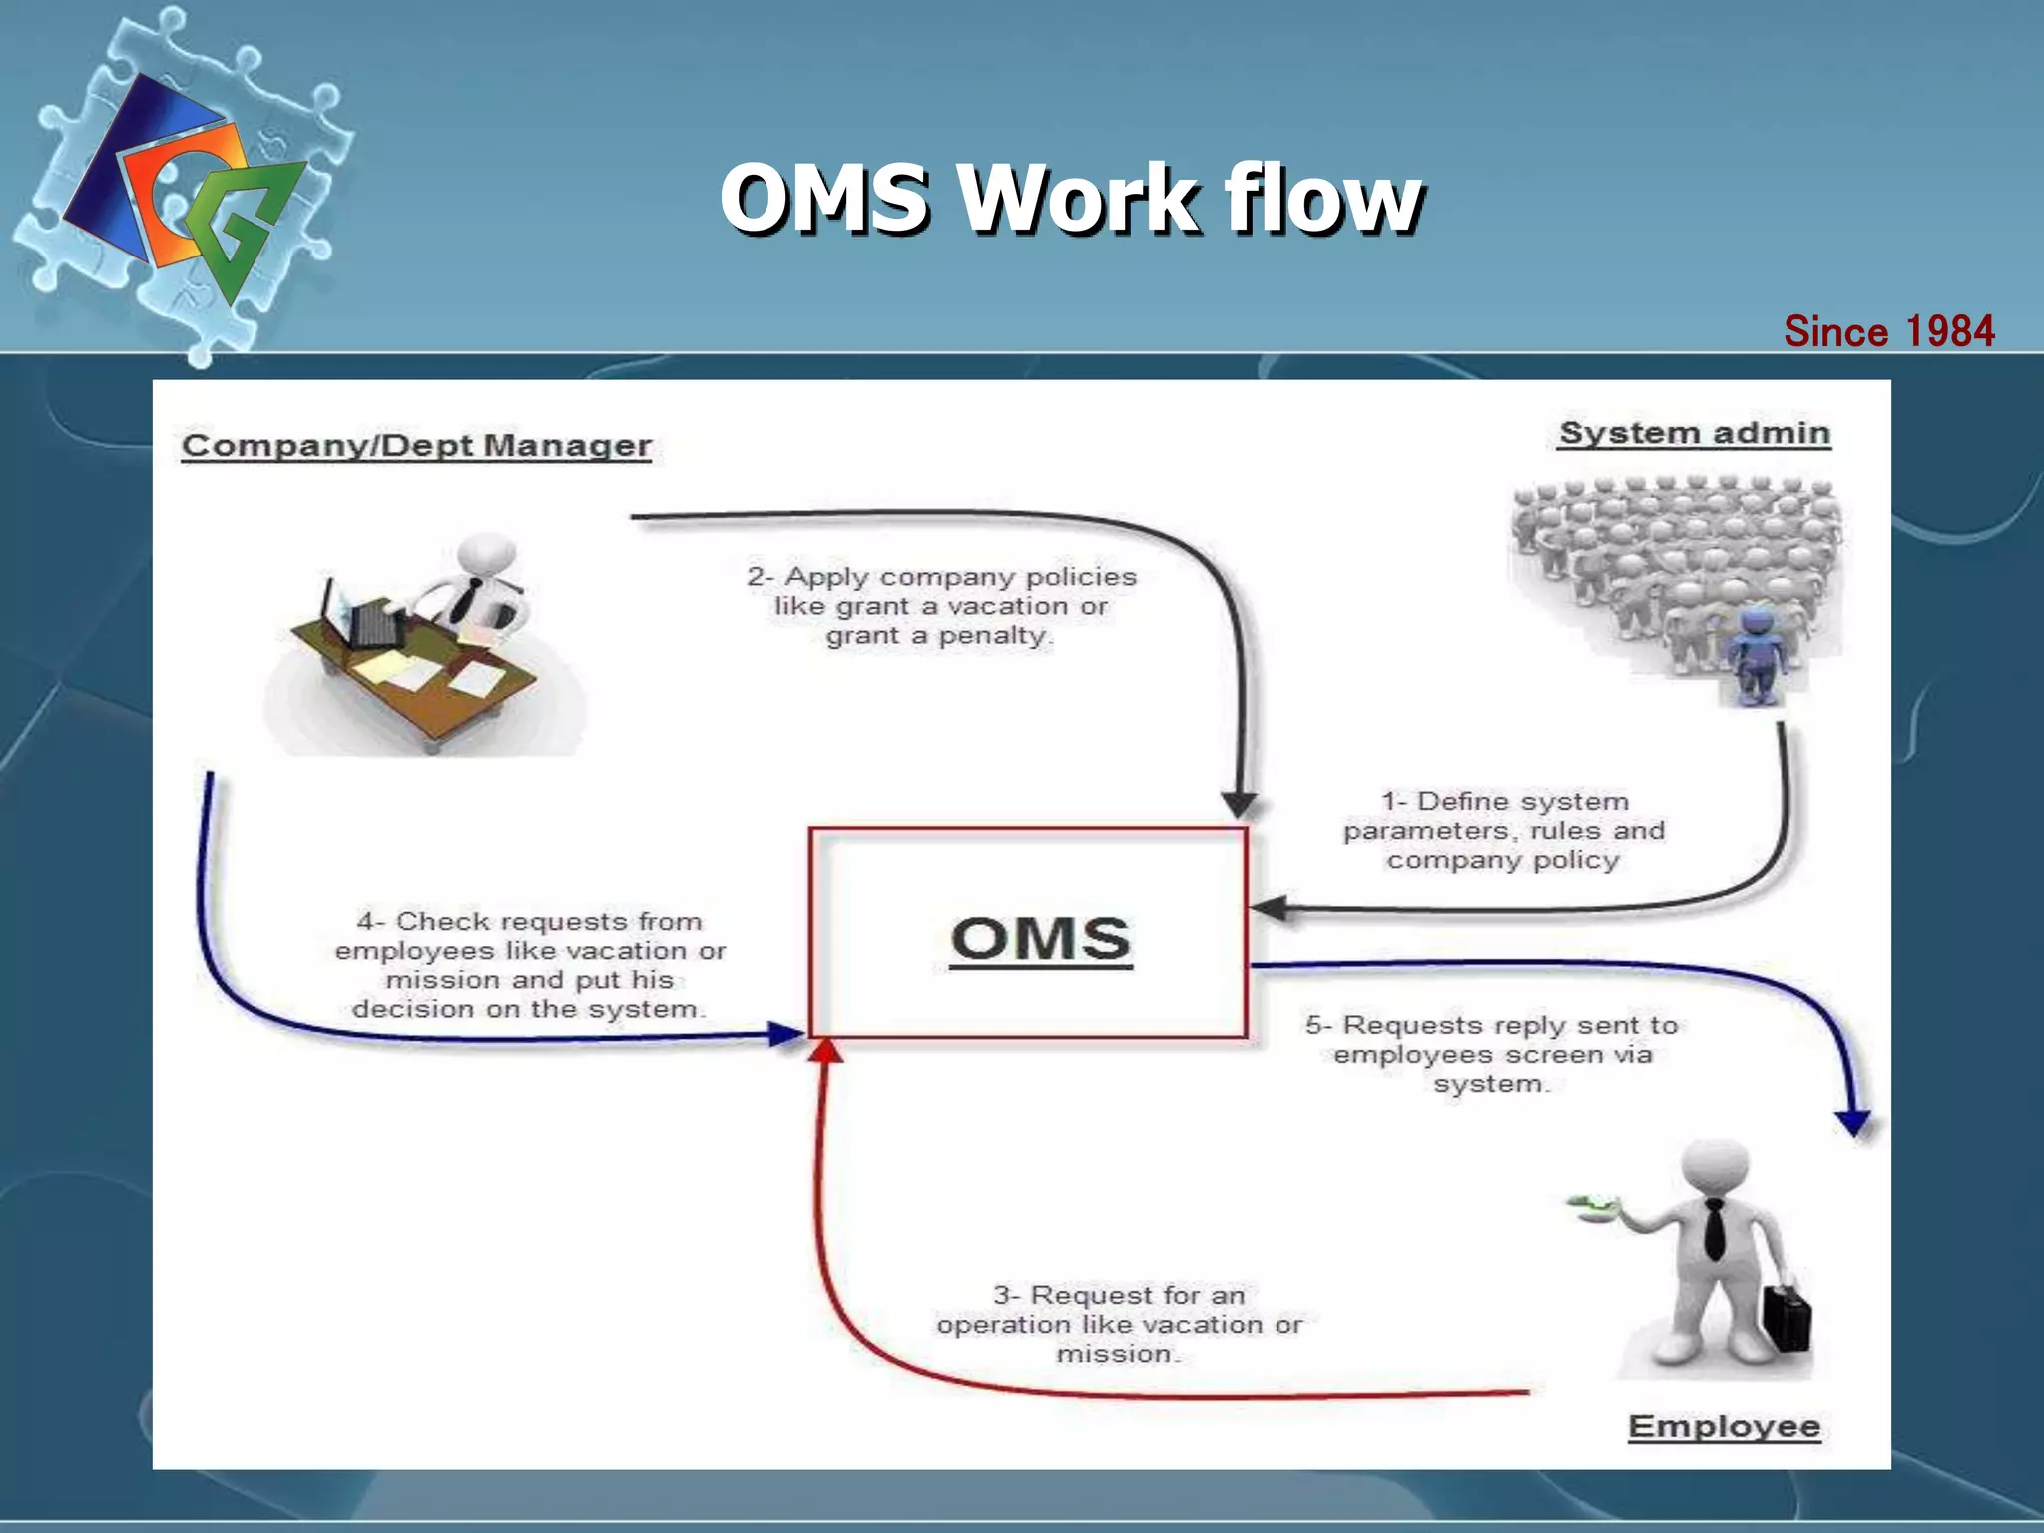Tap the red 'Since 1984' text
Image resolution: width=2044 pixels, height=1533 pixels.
1888,331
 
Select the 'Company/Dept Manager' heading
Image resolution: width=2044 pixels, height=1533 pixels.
416,445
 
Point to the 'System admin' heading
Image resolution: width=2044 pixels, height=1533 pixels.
1695,433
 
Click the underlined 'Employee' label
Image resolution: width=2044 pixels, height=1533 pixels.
1724,1426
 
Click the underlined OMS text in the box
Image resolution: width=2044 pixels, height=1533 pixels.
1041,939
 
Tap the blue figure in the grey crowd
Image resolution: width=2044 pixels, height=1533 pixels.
1754,654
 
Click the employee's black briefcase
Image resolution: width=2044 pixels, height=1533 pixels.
1786,1317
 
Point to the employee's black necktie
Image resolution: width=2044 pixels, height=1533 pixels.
1714,1228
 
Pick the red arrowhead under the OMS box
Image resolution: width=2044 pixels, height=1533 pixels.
826,1050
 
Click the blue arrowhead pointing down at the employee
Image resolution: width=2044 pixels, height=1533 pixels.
1853,1123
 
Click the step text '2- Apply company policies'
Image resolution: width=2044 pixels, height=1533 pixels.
941,606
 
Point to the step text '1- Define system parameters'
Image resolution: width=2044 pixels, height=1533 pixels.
1503,830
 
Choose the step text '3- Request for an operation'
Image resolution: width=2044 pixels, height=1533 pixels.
1119,1324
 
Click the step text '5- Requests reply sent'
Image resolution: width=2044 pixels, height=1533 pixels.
1492,1054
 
